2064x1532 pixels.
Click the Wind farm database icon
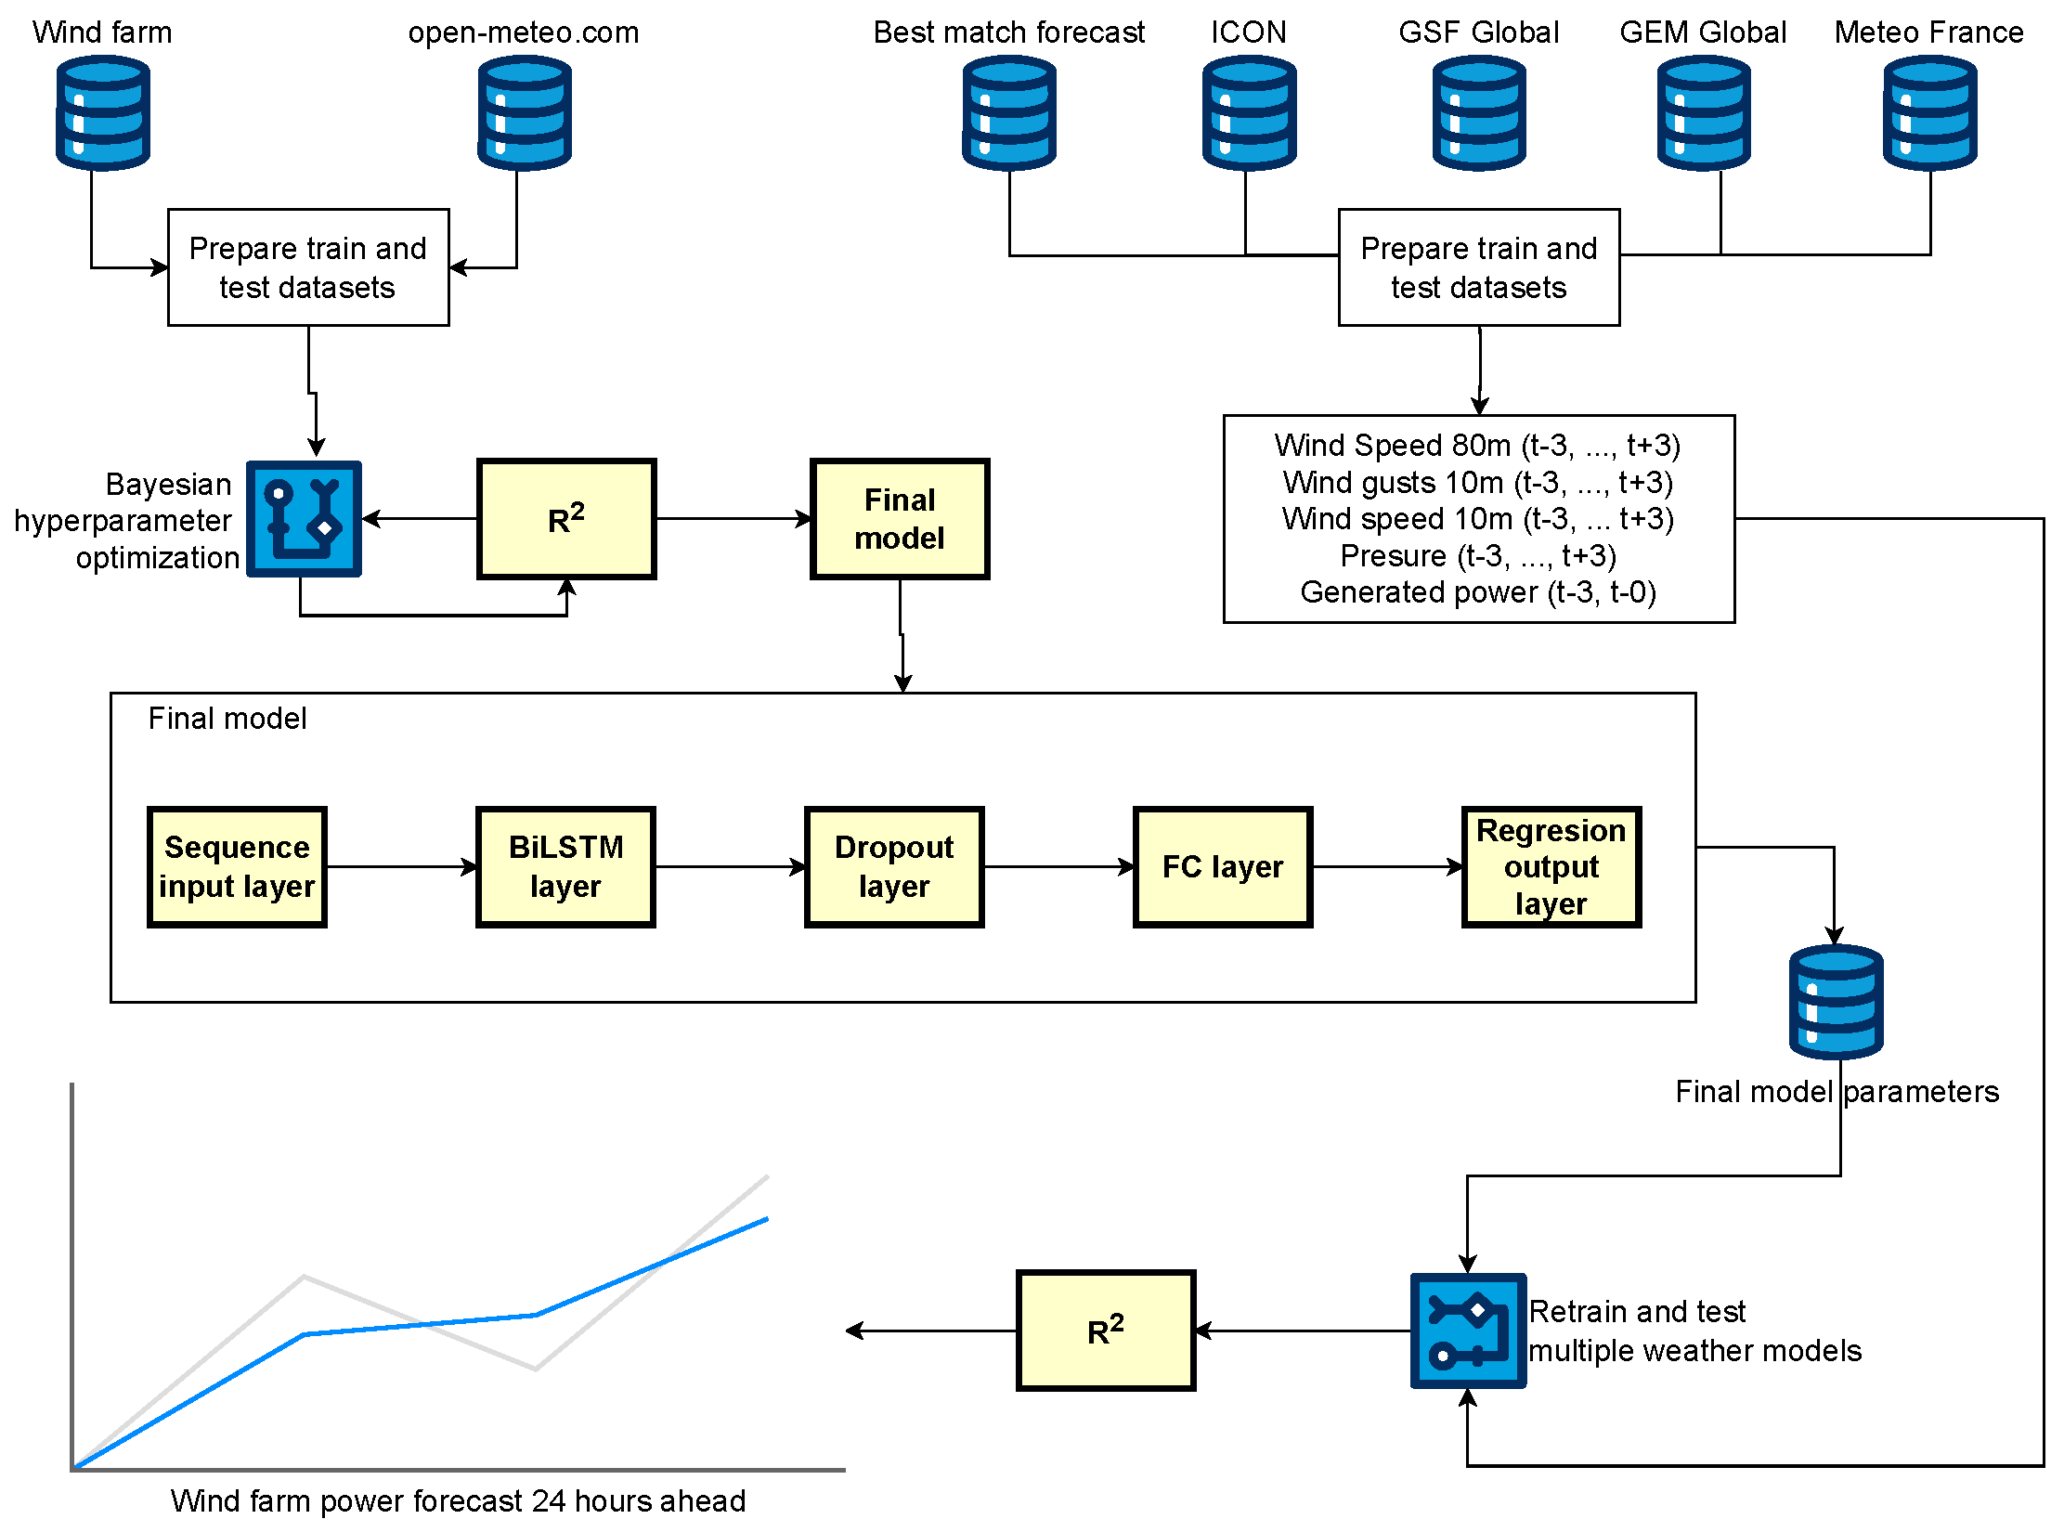(x=102, y=113)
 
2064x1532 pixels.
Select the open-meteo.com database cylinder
(x=524, y=113)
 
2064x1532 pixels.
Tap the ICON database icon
(x=1249, y=113)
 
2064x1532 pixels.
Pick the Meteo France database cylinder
(x=1929, y=113)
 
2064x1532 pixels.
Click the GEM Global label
(x=1703, y=32)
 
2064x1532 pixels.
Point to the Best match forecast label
(x=1009, y=32)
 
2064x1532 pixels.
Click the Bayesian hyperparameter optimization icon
(x=304, y=518)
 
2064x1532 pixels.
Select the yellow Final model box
(x=900, y=519)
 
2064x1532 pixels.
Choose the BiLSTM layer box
(x=565, y=866)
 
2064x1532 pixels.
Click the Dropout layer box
(x=894, y=866)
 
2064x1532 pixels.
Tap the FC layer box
(x=1223, y=866)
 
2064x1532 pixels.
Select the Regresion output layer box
(x=1551, y=866)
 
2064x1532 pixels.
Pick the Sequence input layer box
(x=237, y=866)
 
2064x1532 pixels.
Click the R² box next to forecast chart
(x=1106, y=1330)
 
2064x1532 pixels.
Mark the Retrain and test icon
(x=1468, y=1330)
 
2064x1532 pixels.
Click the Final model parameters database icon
(x=1836, y=1002)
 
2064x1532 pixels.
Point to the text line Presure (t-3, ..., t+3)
(x=1478, y=555)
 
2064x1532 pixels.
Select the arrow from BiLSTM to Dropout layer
(x=730, y=866)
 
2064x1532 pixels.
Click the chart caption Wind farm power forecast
(x=458, y=1500)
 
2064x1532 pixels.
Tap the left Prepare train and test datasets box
(x=308, y=267)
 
